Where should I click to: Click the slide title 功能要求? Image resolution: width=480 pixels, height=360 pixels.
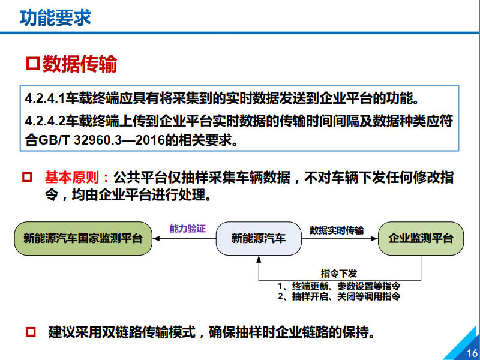click(55, 18)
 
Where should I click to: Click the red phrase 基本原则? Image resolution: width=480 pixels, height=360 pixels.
click(73, 178)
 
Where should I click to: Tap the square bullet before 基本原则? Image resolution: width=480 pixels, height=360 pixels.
click(26, 178)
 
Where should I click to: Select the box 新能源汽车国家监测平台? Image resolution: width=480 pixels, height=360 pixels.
click(83, 238)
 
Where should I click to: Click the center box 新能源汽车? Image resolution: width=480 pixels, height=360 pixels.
click(259, 238)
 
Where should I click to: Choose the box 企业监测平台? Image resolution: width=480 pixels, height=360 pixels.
click(421, 238)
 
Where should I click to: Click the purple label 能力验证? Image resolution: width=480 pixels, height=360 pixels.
click(187, 229)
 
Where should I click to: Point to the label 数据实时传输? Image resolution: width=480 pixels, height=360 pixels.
click(336, 230)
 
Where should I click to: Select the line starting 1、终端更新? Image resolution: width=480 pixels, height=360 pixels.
click(339, 285)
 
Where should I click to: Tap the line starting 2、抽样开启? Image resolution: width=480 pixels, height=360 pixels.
click(339, 296)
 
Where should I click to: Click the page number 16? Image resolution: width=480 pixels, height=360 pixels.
click(471, 352)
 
